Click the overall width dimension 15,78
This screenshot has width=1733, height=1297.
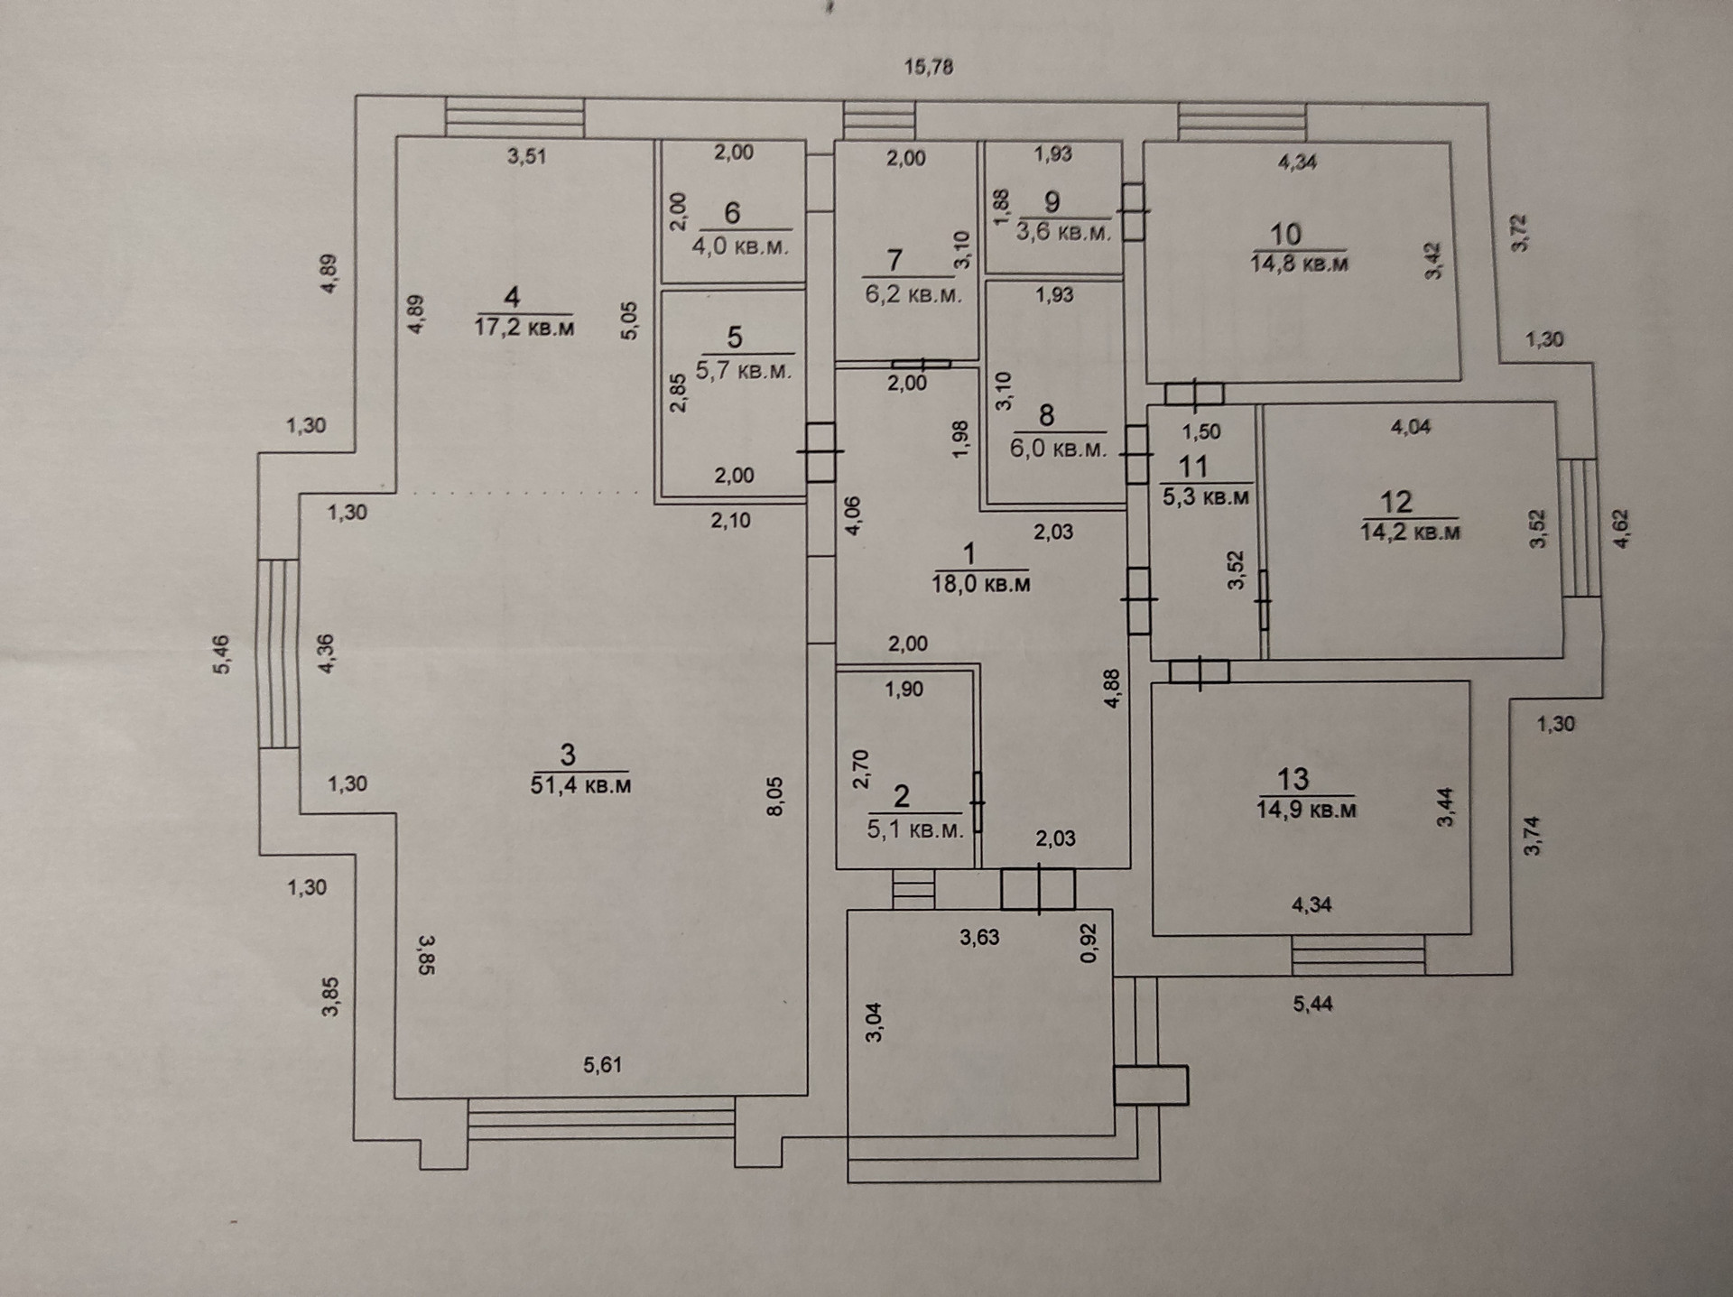click(929, 67)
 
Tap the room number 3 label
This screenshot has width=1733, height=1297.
click(568, 755)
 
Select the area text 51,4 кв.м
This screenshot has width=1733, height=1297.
click(580, 785)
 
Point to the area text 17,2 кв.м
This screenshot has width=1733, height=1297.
click(524, 327)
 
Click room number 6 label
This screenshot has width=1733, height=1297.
click(732, 213)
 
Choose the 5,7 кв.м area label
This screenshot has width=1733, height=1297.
click(744, 371)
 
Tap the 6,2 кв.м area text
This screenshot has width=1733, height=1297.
click(913, 294)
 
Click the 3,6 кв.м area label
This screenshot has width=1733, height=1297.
click(1063, 232)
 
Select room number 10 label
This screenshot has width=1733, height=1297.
click(1285, 235)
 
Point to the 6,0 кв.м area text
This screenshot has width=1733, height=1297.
click(1058, 449)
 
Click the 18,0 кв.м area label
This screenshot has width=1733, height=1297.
click(981, 584)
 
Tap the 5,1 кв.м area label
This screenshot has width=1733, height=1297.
click(915, 829)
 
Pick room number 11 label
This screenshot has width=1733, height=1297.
click(1193, 467)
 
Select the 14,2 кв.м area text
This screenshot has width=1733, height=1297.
click(1410, 532)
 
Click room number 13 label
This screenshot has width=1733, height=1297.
click(1293, 779)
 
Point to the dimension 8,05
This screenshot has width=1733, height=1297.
click(775, 796)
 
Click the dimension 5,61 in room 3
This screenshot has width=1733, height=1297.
click(602, 1065)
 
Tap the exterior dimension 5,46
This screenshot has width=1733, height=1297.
click(222, 654)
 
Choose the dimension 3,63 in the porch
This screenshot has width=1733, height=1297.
click(979, 938)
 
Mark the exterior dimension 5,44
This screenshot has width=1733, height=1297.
click(1312, 1004)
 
